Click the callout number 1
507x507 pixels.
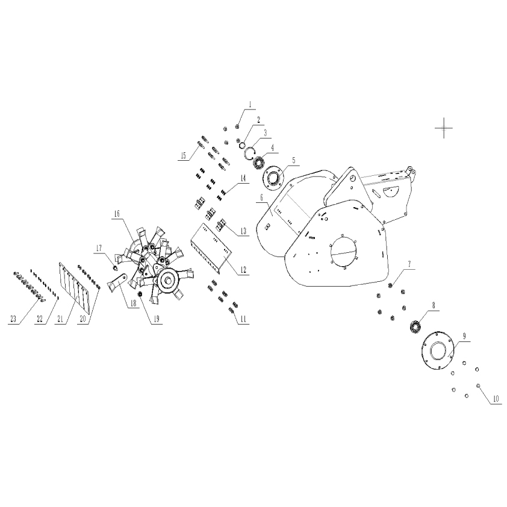click(250, 105)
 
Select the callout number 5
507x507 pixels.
click(294, 160)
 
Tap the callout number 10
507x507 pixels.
click(496, 399)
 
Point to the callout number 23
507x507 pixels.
click(13, 319)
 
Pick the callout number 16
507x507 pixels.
click(117, 214)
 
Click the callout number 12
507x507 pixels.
click(243, 270)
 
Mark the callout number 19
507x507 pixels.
click(156, 319)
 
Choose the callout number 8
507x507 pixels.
click(434, 305)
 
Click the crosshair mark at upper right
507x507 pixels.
click(444, 128)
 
